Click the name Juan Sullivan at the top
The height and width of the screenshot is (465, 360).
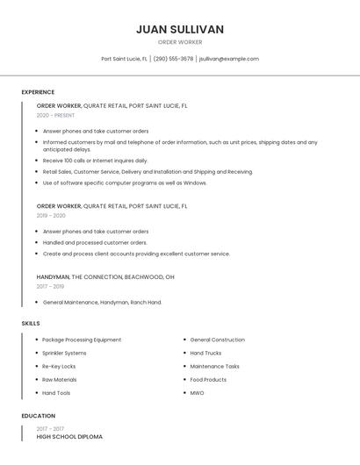click(x=180, y=29)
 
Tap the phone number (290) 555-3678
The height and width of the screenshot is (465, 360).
click(x=174, y=59)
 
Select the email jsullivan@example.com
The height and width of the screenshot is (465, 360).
click(x=228, y=59)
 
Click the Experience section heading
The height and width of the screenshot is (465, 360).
click(x=38, y=92)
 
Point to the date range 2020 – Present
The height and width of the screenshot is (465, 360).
click(x=55, y=115)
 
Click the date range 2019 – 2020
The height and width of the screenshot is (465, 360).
click(x=51, y=215)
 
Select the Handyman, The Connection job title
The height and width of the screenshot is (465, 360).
click(x=105, y=276)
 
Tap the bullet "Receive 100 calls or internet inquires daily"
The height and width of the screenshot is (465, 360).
click(x=95, y=161)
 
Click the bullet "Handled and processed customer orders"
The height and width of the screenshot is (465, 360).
click(x=95, y=242)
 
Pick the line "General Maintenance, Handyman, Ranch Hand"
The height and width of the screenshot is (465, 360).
click(x=102, y=303)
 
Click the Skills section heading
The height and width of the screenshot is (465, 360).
click(x=31, y=324)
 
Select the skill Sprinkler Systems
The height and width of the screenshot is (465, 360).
click(x=64, y=353)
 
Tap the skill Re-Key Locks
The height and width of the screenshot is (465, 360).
click(x=59, y=366)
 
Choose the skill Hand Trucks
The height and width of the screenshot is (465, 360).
click(x=206, y=353)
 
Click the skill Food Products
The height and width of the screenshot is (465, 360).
click(x=208, y=380)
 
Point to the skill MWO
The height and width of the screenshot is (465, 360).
click(x=197, y=393)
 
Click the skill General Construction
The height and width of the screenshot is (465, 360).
click(x=217, y=340)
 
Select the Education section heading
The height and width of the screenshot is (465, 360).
click(x=38, y=416)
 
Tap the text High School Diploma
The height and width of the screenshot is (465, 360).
click(x=69, y=436)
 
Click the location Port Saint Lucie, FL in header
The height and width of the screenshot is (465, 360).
click(x=124, y=59)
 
